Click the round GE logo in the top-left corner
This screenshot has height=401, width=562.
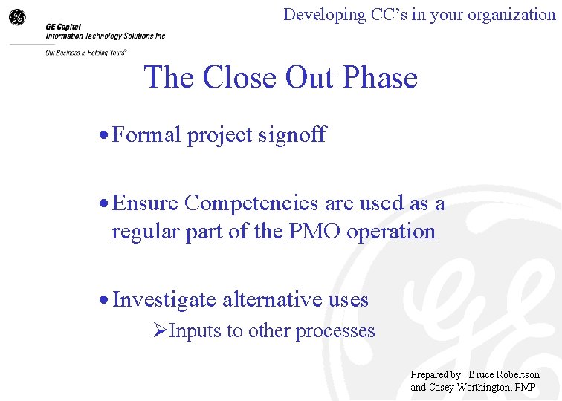tap(16, 17)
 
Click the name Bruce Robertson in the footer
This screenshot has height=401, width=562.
tap(504, 374)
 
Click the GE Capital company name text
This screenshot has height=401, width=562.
tap(64, 25)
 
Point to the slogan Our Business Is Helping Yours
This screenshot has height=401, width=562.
tap(85, 53)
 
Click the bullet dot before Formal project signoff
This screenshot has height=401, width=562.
tap(106, 136)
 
